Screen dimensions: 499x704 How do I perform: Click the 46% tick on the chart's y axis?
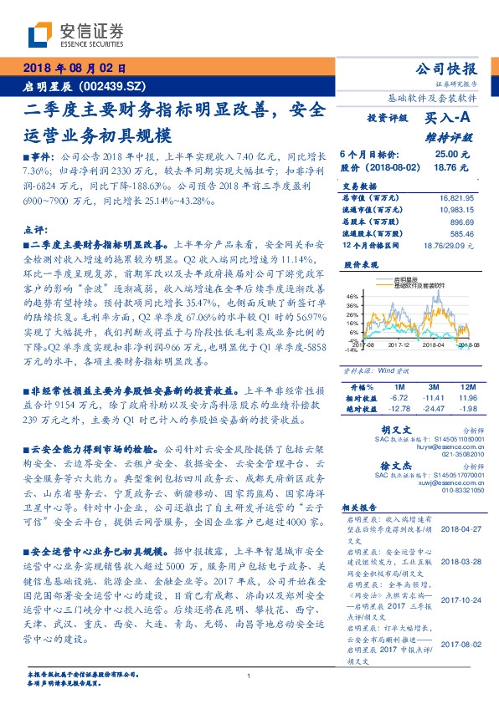[352, 295]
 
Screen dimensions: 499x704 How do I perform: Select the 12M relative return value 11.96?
[466, 397]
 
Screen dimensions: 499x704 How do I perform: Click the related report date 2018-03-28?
[458, 562]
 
